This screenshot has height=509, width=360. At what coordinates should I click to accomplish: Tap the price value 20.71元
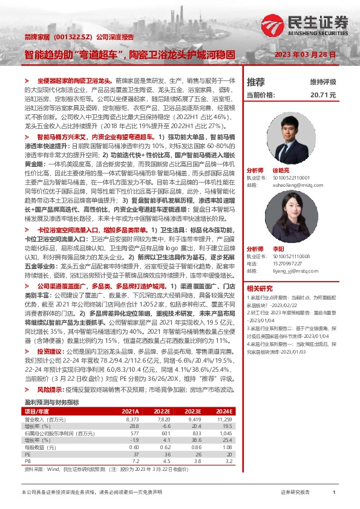point(322,95)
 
